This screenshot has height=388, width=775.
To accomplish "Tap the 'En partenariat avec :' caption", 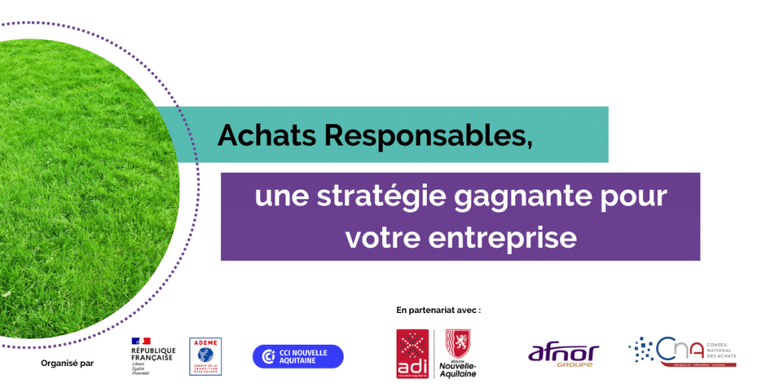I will (438, 310).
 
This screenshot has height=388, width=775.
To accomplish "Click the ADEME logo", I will (205, 355).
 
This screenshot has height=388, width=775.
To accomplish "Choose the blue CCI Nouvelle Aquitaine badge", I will (297, 356).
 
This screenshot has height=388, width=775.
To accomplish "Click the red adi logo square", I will (412, 353).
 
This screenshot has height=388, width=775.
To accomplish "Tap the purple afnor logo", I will (563, 352).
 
